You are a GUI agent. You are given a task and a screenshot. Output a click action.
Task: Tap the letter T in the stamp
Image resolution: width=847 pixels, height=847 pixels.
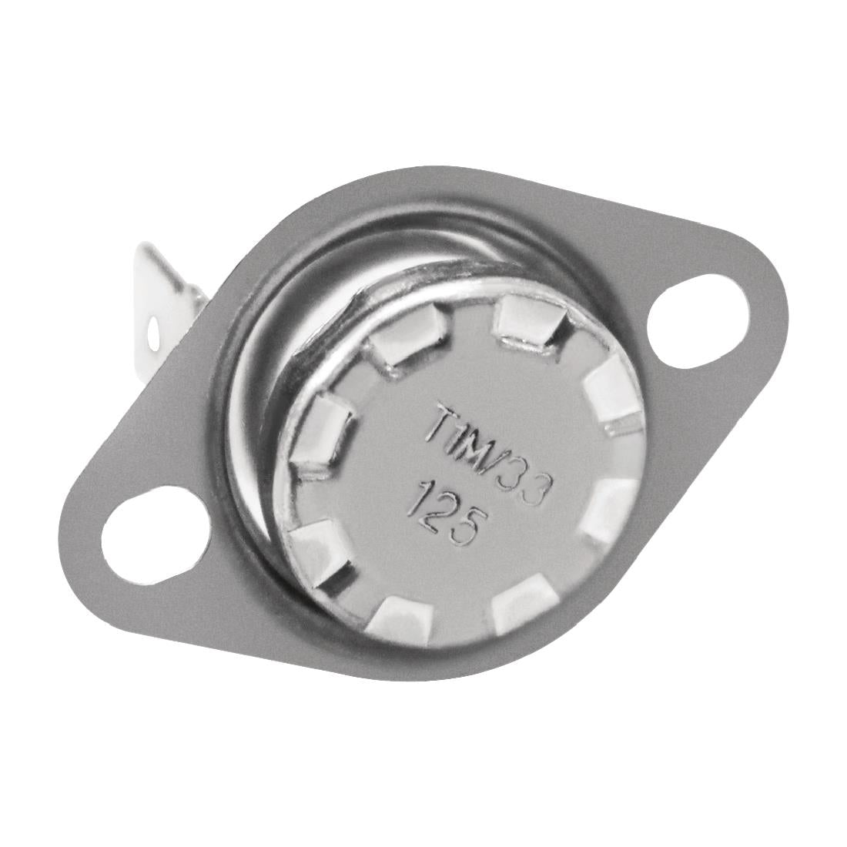[x=440, y=424]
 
